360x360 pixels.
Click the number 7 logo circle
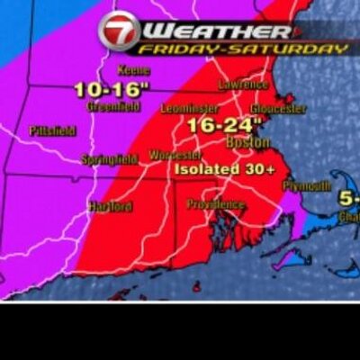click(x=119, y=30)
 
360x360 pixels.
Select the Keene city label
click(x=134, y=70)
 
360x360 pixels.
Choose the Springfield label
click(x=109, y=159)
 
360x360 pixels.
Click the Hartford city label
click(x=110, y=206)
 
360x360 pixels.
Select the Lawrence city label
click(x=243, y=84)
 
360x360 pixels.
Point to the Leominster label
click(x=187, y=108)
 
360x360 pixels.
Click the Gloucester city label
click(x=278, y=108)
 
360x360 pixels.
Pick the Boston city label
click(x=247, y=142)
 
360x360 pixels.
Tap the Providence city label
click(x=216, y=204)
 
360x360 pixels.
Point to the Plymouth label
click(x=307, y=184)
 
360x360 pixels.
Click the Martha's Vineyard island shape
click(x=290, y=260)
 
